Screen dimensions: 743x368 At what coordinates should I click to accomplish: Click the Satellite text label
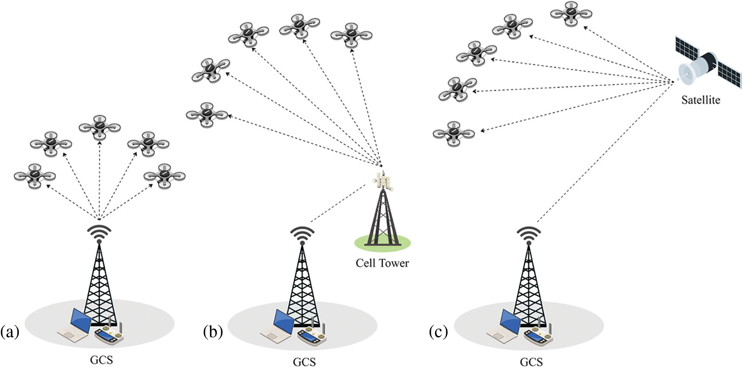click(x=700, y=100)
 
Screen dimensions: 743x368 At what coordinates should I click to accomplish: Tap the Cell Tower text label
click(x=382, y=263)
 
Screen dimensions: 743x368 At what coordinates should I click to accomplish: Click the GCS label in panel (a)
click(x=101, y=360)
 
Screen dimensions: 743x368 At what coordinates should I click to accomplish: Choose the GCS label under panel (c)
click(x=531, y=362)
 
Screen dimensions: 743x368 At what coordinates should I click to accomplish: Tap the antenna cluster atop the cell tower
click(x=383, y=181)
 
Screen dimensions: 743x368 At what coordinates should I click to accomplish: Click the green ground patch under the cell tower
click(x=382, y=242)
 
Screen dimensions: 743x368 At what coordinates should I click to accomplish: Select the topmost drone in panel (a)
click(x=100, y=127)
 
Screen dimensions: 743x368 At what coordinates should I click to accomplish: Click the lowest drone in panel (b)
click(x=207, y=115)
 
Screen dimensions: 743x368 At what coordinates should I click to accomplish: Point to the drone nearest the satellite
click(x=571, y=13)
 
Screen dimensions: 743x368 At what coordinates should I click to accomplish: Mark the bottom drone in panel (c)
click(x=454, y=133)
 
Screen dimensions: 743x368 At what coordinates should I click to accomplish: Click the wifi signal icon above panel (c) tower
click(x=529, y=235)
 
